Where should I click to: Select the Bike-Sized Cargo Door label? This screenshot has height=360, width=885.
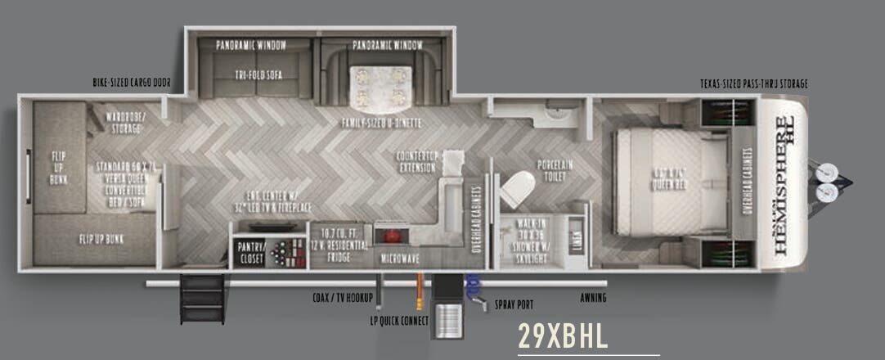tap(132, 83)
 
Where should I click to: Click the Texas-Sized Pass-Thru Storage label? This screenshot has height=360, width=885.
tap(753, 83)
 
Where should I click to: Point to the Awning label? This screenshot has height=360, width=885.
tap(593, 297)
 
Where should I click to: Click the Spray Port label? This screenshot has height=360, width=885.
tap(514, 304)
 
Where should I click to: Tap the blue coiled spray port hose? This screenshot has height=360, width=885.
tap(472, 286)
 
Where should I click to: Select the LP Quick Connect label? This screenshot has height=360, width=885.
tap(399, 320)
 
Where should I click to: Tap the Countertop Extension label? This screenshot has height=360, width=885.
tap(418, 160)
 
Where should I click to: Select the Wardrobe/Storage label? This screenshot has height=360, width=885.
tap(125, 121)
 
